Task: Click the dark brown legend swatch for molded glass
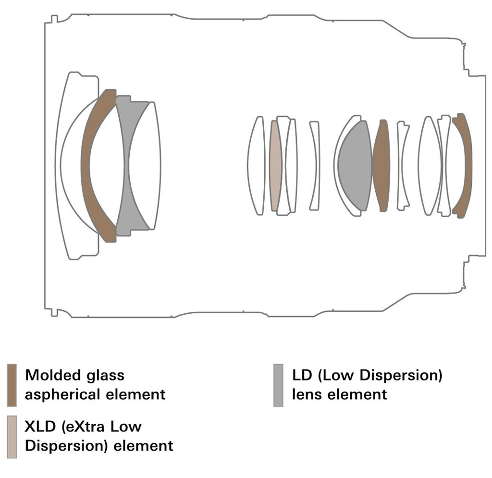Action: pos(12,385)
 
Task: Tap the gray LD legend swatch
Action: pos(278,385)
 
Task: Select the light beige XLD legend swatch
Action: pos(12,437)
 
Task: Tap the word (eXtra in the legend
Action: pos(83,427)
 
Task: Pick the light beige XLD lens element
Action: pos(275,166)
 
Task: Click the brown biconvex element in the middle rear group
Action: pos(381,166)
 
